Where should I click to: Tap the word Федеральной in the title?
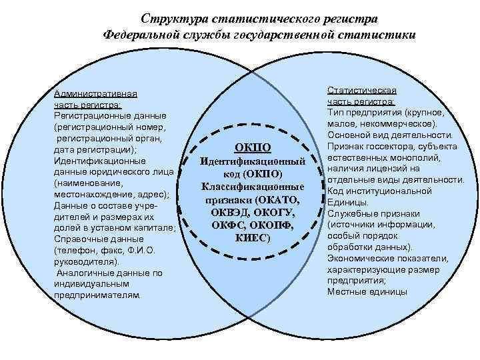pyautogui.click(x=142, y=34)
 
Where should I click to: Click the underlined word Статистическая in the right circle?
pyautogui.click(x=361, y=90)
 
